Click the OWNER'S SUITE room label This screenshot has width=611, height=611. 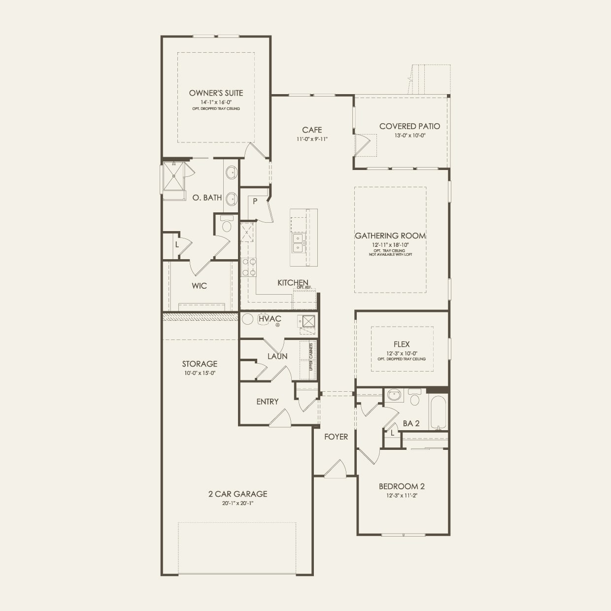[216, 93]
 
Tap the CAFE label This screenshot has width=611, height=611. [312, 130]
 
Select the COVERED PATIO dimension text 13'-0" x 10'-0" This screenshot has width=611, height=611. [409, 135]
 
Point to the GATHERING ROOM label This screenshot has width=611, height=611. [390, 236]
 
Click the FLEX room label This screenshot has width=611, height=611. [402, 344]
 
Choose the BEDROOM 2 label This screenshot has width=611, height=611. [402, 486]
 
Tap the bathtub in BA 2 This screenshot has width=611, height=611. [438, 413]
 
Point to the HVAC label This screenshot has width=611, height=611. [270, 319]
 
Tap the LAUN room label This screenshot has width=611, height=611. [277, 356]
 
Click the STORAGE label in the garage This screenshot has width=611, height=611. [200, 364]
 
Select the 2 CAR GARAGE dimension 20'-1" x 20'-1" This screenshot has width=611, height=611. [237, 503]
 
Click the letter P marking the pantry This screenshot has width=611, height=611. [255, 201]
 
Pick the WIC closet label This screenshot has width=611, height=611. [199, 286]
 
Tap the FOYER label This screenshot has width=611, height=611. [336, 437]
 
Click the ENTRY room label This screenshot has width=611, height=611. [268, 402]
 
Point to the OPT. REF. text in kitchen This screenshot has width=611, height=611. [304, 287]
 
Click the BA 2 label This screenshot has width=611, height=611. [411, 423]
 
